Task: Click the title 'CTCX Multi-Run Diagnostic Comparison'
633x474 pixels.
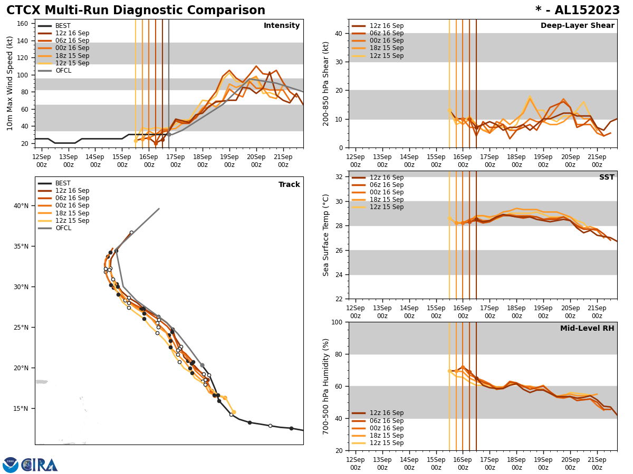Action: (x=136, y=11)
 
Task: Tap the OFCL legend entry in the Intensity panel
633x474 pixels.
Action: (x=63, y=71)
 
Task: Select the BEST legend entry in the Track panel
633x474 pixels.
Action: (x=63, y=183)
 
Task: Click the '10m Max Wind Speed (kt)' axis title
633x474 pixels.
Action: (x=10, y=83)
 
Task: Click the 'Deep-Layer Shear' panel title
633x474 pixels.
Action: (x=577, y=26)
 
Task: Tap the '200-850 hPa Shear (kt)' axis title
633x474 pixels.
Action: (x=326, y=83)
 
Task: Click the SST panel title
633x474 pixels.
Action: (x=606, y=177)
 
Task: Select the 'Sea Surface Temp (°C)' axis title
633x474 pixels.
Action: (x=326, y=235)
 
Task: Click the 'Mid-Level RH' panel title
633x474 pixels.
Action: (x=587, y=329)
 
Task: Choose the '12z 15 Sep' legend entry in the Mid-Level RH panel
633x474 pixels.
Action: (x=386, y=443)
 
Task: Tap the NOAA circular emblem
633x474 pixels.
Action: (x=11, y=465)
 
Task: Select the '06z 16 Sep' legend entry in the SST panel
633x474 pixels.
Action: (x=386, y=185)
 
